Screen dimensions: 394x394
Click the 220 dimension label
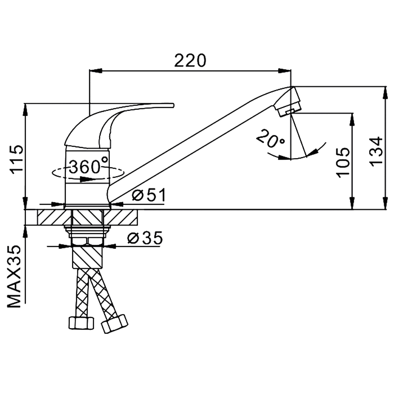pyautogui.click(x=190, y=61)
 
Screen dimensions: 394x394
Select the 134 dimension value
pyautogui.click(x=376, y=151)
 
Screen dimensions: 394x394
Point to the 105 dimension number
pyautogui.click(x=343, y=163)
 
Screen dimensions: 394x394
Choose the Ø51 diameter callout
pyautogui.click(x=149, y=195)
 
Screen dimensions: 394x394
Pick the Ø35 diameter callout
pyautogui.click(x=145, y=238)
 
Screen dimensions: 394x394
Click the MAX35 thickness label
pyautogui.click(x=14, y=276)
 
